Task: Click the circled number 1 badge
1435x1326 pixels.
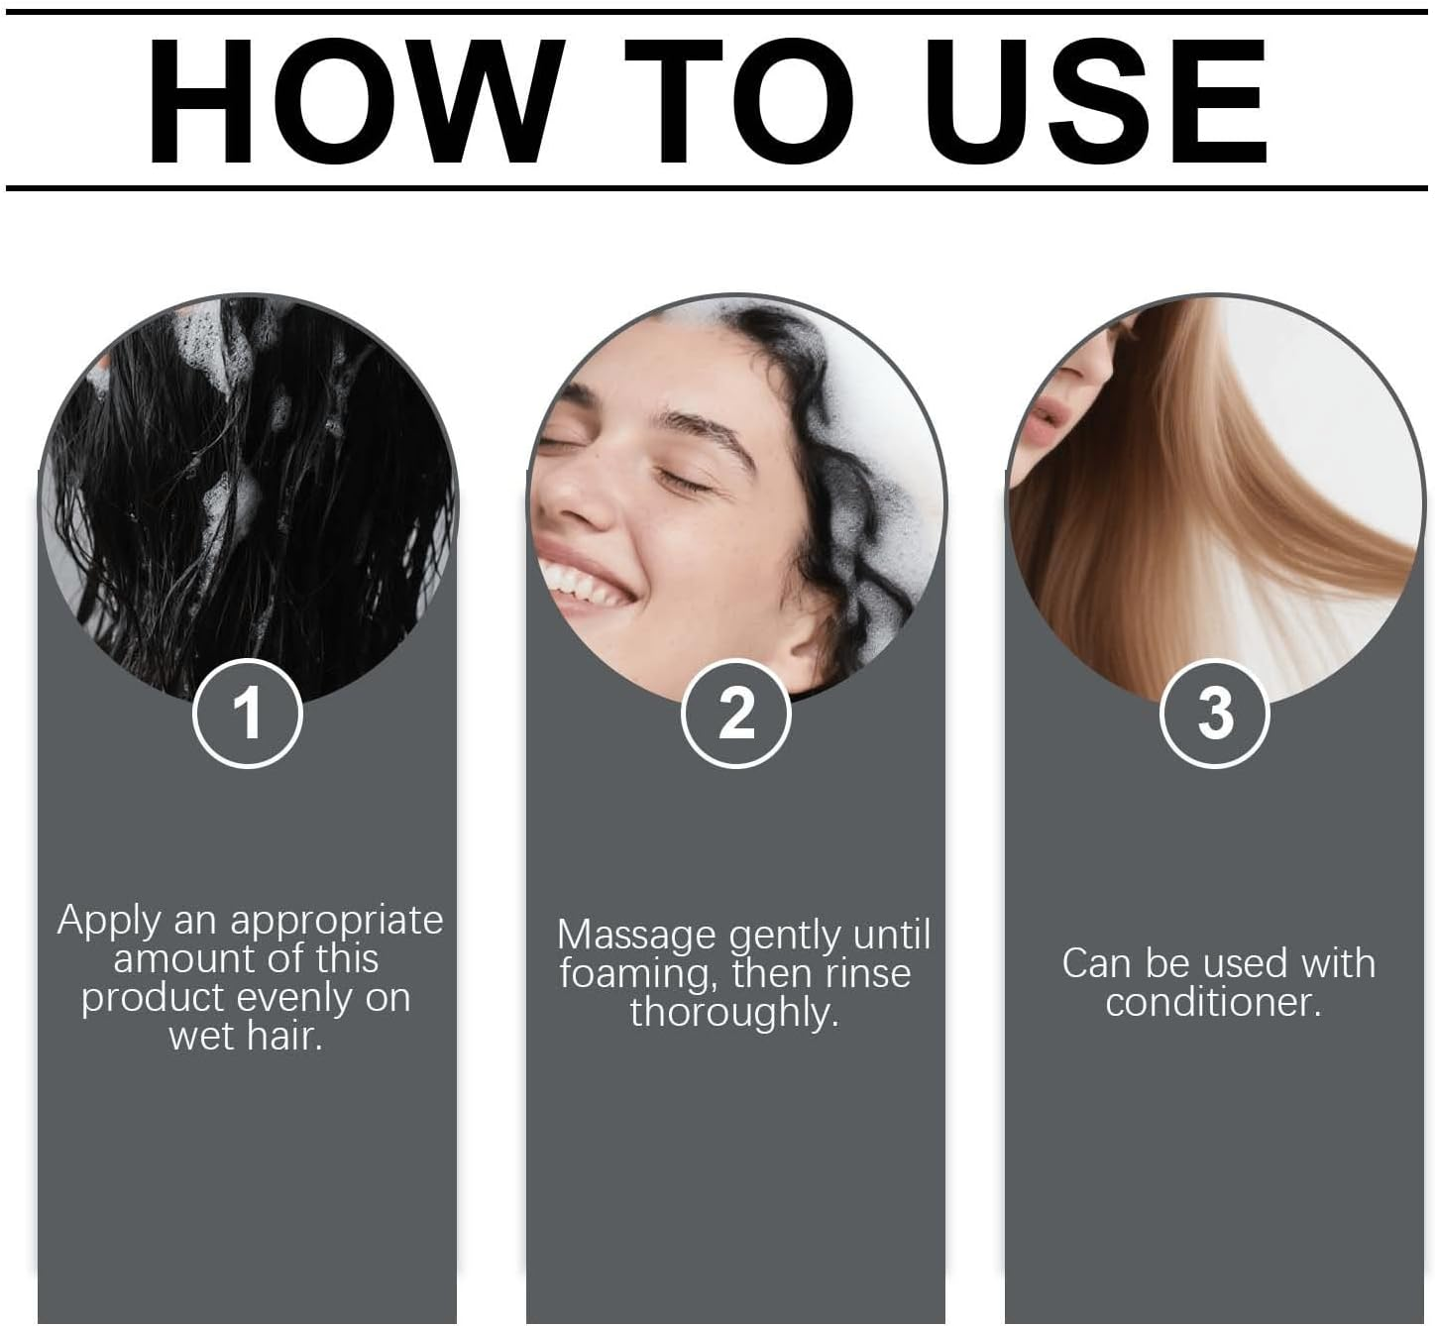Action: click(247, 713)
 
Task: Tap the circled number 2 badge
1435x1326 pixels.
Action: click(735, 713)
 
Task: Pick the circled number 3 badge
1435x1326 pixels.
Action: click(1214, 713)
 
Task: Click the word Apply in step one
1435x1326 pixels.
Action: click(108, 922)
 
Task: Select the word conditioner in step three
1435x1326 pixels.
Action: click(1213, 1002)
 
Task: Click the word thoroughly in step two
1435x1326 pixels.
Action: click(734, 1013)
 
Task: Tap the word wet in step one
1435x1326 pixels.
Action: click(201, 1037)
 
